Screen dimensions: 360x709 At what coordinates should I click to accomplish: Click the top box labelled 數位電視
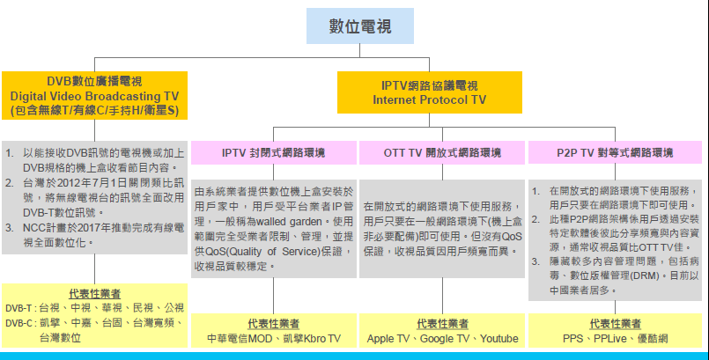click(x=359, y=26)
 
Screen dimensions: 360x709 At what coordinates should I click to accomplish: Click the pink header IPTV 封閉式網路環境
click(x=273, y=152)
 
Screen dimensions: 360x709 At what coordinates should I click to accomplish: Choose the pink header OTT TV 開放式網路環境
click(x=442, y=152)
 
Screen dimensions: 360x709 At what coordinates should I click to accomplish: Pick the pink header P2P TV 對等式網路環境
click(x=614, y=152)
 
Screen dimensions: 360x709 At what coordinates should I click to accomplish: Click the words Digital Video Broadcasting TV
click(x=94, y=95)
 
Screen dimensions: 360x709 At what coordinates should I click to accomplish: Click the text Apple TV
click(x=388, y=338)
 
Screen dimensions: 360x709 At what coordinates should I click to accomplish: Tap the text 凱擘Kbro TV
click(x=311, y=338)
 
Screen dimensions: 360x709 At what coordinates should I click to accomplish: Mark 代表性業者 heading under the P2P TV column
click(x=614, y=324)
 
